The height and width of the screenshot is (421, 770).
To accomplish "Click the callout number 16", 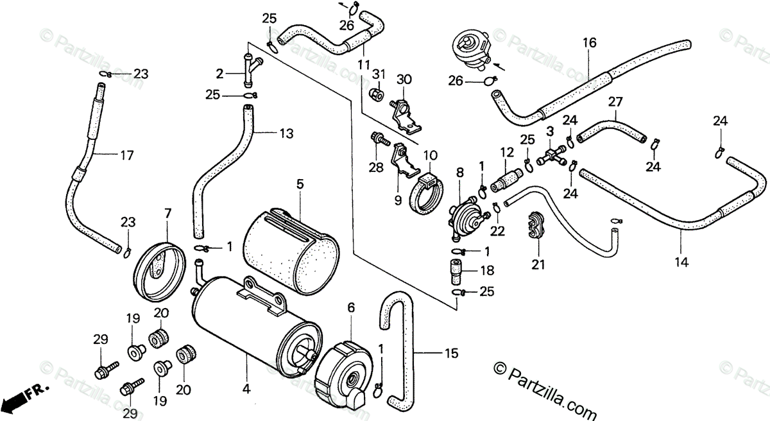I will point(590,43).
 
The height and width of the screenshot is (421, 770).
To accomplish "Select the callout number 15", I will point(451,352).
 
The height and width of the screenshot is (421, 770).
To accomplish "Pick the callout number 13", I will point(286,133).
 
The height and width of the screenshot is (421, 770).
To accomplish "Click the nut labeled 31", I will point(377,96).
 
